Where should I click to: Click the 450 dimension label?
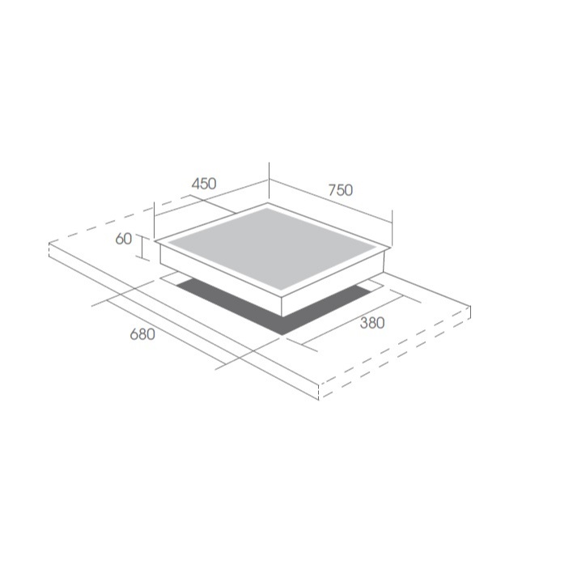pos(204,184)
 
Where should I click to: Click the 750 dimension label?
pos(341,190)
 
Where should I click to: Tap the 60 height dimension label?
pos(124,239)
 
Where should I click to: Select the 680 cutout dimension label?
pos(142,334)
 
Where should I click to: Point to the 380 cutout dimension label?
pos(372,323)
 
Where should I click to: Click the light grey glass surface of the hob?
pos(272,248)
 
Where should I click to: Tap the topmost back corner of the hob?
pos(268,203)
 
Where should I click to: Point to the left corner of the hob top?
pos(155,241)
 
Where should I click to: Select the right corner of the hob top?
pos(389,249)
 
